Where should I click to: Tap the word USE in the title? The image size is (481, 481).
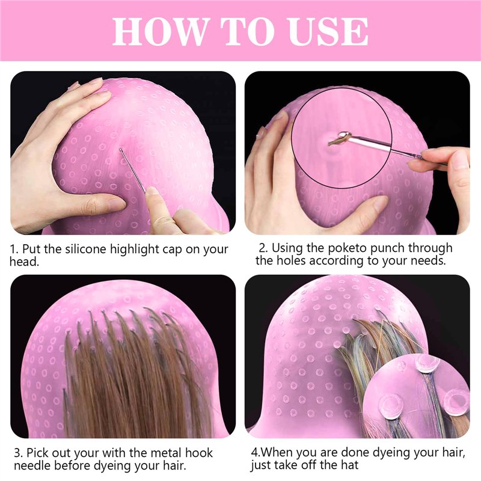coord(328,31)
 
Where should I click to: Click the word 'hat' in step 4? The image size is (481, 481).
coord(349,465)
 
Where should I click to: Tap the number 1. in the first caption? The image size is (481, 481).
coord(14,249)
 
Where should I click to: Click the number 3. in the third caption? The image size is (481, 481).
coord(19,453)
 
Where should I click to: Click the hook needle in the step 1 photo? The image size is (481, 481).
coord(132,171)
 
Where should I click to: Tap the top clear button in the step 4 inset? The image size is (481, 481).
coord(427,363)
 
